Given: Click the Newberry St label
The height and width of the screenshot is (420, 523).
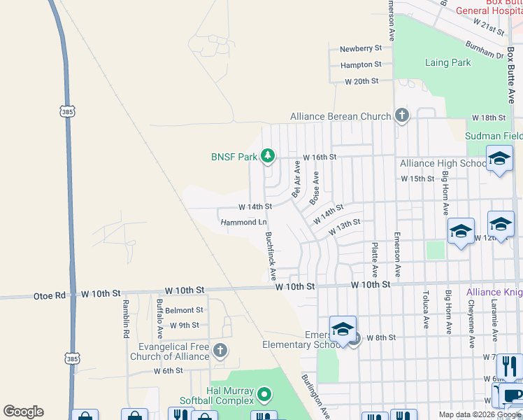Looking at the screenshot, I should [361, 48].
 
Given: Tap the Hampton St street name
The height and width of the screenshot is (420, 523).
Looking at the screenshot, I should [361, 64].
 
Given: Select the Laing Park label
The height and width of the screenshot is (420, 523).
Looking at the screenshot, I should [447, 62].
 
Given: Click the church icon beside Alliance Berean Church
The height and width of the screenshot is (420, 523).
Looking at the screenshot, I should [401, 115].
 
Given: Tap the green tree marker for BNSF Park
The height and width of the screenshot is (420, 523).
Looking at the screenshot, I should [267, 155].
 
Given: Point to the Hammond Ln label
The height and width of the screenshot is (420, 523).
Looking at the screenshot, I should [243, 223].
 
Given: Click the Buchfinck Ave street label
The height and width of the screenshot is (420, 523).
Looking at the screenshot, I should [270, 257].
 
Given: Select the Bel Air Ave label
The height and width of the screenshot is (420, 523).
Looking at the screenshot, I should [296, 178].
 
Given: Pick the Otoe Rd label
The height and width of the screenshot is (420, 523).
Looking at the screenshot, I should [49, 295].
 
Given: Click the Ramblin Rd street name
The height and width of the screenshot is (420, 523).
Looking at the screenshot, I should [127, 319].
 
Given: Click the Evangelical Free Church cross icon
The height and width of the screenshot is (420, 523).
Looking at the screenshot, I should [220, 351].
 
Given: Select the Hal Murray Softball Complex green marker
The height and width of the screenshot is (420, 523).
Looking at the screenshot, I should [264, 395].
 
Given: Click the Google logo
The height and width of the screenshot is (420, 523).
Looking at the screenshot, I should [23, 412].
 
